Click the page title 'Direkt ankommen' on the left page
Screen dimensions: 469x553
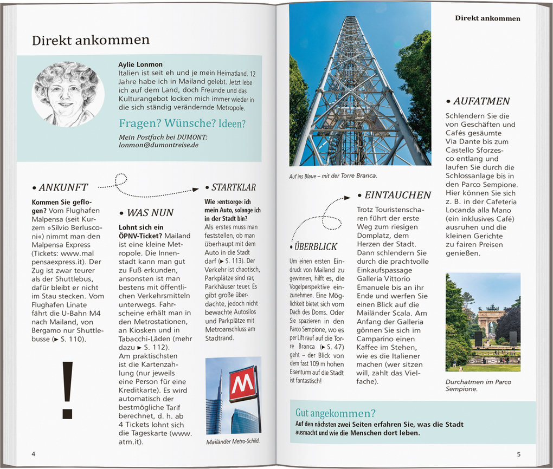91,41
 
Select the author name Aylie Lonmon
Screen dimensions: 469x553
140,64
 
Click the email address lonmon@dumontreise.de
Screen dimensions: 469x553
158,145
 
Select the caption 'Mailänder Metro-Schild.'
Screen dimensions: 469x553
233,441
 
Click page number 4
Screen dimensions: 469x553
34,453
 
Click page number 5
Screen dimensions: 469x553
518,454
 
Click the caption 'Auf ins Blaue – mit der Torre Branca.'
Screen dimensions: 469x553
333,175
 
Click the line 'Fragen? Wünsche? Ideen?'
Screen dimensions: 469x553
182,123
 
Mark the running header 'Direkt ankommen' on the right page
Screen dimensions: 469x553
487,18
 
